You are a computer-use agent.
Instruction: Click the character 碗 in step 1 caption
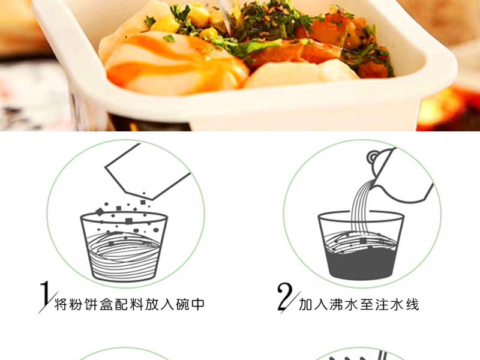coord(183,304)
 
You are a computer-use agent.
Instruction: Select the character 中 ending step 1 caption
coord(198,304)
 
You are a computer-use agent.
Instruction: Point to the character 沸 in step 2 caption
coord(337,305)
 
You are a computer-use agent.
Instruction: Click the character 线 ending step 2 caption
coord(412,305)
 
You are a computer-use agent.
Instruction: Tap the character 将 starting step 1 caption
coord(61,304)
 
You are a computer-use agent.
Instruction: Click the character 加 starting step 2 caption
coord(306,305)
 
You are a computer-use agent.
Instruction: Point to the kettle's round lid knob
coord(373,157)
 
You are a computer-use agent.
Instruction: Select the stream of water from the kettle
coord(361,208)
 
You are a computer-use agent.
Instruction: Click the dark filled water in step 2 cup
coord(361,263)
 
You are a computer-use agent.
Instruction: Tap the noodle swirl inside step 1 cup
coord(124,254)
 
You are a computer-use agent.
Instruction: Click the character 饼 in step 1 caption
coord(92,304)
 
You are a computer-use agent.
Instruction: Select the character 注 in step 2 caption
coord(382,305)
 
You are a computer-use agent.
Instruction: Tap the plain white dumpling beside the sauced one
coord(302,73)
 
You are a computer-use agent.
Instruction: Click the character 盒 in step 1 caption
coord(107,304)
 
